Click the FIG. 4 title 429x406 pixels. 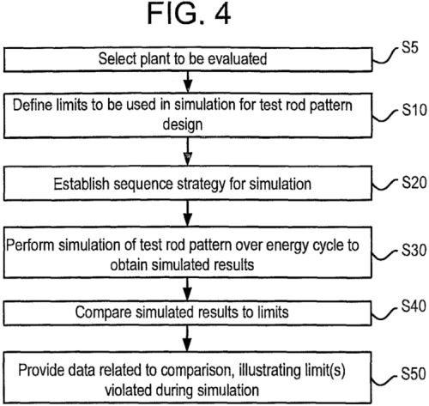(x=189, y=15)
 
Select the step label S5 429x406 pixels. (x=410, y=47)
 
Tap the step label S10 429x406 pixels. (x=414, y=110)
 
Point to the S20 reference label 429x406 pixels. (x=414, y=182)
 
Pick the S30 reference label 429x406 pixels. (x=414, y=250)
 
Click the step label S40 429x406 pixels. (x=414, y=306)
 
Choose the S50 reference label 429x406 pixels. (x=414, y=373)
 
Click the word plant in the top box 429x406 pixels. (x=155, y=59)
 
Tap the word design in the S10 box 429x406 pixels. (x=183, y=124)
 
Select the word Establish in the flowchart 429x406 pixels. (x=82, y=184)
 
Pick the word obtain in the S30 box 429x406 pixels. (x=129, y=264)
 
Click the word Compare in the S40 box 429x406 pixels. (x=103, y=312)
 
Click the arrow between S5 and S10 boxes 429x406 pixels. (x=188, y=82)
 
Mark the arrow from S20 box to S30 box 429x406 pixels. (x=187, y=214)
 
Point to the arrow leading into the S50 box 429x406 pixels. (x=187, y=339)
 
